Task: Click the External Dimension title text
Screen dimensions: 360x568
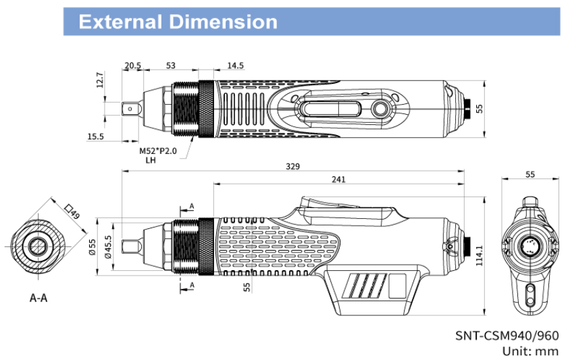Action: [x=178, y=22]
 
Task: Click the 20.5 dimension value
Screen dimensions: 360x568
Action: [x=132, y=66]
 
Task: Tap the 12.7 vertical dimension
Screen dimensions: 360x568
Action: [x=100, y=80]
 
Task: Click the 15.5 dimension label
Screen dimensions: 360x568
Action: [x=96, y=136]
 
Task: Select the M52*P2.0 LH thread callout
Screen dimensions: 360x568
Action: [x=157, y=155]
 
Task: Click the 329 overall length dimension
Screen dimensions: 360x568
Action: [x=292, y=166]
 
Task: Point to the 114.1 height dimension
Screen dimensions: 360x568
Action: [x=480, y=256]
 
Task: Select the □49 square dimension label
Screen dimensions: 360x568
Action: [x=72, y=211]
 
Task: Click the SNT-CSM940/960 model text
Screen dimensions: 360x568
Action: [x=507, y=336]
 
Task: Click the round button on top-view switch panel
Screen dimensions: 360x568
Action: [x=380, y=108]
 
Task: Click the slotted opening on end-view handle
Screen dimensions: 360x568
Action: [x=530, y=293]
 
